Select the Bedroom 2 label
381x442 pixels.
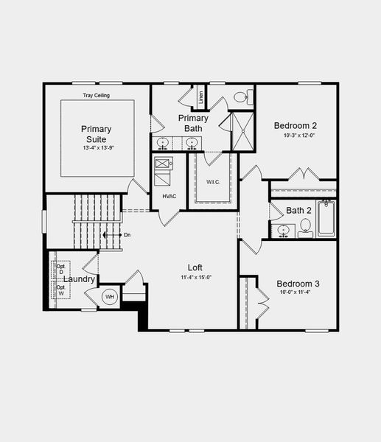tap(295, 124)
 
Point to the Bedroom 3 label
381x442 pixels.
tap(298, 284)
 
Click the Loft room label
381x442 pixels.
tap(195, 267)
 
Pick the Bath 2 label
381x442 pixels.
tap(299, 211)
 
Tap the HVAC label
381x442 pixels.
tap(169, 196)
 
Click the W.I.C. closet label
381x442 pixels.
tap(214, 182)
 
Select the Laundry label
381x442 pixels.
tap(78, 279)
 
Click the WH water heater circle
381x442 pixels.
tap(110, 296)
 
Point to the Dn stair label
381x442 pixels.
tap(127, 235)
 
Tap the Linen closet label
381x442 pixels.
tap(200, 97)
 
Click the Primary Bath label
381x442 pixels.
tap(193, 123)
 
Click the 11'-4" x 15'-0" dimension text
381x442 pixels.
tap(196, 278)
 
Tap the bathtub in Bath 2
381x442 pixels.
tap(326, 218)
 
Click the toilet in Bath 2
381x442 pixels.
tap(306, 228)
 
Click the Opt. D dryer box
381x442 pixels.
tap(60, 268)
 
